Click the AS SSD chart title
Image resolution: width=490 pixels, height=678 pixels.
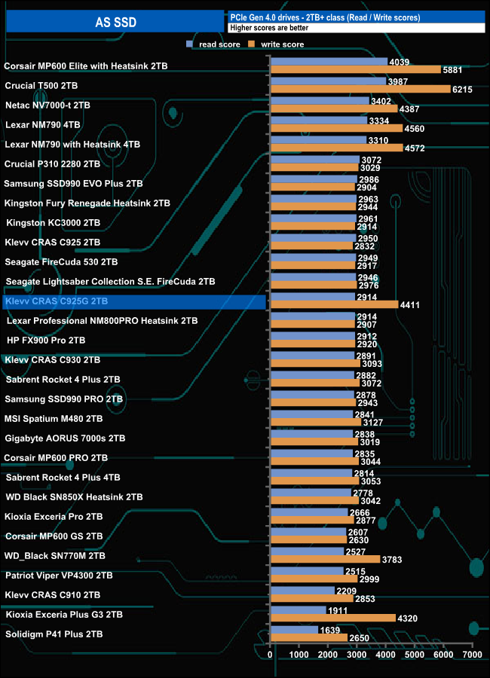115,23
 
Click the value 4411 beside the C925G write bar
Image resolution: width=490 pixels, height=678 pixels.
409,305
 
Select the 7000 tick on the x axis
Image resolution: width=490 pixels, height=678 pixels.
472,656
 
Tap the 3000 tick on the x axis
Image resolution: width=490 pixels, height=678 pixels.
357,656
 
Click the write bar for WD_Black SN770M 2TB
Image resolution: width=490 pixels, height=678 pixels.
325,560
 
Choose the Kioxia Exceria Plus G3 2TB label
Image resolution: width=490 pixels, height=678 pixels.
65,615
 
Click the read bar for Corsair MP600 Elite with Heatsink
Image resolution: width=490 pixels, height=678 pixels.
329,62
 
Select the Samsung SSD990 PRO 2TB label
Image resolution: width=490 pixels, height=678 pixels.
64,399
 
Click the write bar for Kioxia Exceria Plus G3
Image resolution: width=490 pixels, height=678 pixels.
332,618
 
